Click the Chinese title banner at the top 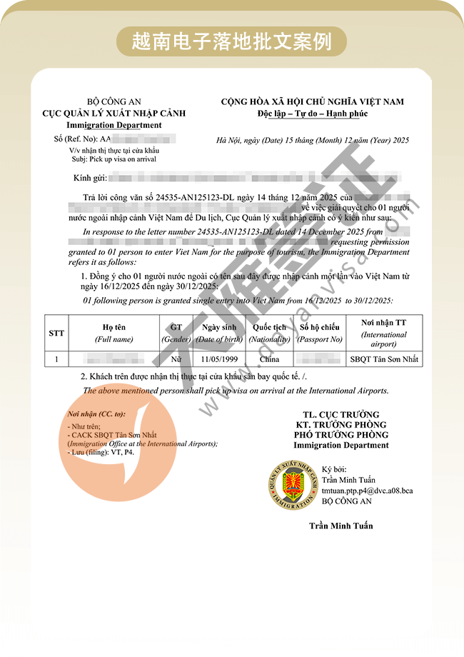232,41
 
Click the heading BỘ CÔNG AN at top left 114,102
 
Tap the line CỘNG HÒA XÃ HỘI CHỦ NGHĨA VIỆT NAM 312,102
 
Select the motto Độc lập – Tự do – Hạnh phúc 312,114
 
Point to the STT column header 56,333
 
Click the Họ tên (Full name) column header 114,333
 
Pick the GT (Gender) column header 171,333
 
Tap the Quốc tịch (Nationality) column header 269,333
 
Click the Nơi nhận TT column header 384,333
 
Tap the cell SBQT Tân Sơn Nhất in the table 384,358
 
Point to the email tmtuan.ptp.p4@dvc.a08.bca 367,491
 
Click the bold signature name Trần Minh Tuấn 341,526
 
